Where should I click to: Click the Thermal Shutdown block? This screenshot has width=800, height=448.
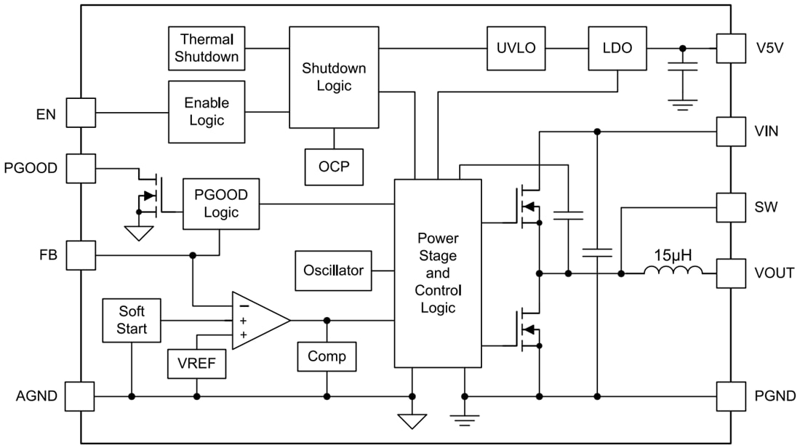(207, 48)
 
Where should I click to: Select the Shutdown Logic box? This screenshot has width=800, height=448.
(334, 77)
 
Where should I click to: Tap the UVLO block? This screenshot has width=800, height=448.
(516, 49)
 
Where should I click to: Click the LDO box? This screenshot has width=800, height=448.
(617, 49)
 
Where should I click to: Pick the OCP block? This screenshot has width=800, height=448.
(334, 167)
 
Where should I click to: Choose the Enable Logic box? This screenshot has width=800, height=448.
(207, 111)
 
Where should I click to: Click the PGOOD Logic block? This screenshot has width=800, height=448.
(220, 204)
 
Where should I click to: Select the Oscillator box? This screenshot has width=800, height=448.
(333, 271)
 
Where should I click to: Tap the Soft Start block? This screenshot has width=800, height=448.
(132, 320)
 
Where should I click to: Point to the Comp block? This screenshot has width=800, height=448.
(327, 357)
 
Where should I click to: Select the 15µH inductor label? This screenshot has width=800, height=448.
(673, 256)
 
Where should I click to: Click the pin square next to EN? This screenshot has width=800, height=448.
(80, 113)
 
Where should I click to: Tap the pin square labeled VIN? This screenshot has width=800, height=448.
(731, 132)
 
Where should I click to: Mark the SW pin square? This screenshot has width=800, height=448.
(731, 207)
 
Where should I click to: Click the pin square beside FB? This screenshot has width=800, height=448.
(80, 255)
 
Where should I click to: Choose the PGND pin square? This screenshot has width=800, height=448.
(731, 396)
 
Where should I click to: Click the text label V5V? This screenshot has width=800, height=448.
(769, 49)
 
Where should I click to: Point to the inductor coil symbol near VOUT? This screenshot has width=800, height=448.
(673, 273)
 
